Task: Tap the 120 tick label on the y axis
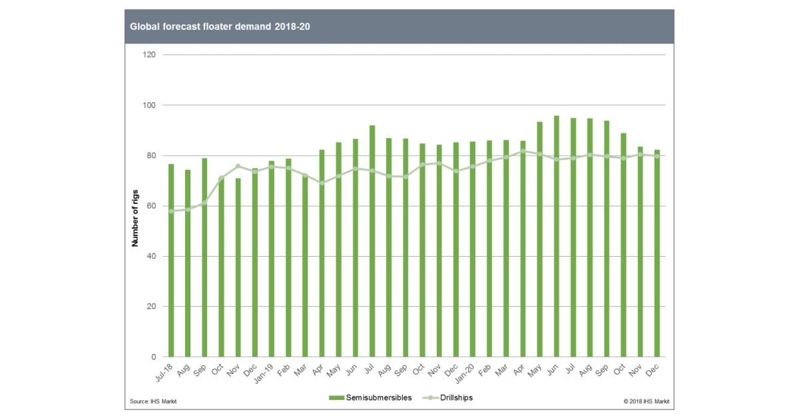(x=149, y=55)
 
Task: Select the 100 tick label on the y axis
(x=149, y=105)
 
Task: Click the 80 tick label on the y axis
(x=151, y=156)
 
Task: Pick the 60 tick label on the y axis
(x=151, y=206)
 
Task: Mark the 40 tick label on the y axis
(x=151, y=257)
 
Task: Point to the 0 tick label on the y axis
(x=153, y=357)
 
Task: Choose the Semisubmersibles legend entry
(x=370, y=398)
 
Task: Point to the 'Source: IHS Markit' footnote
(x=154, y=401)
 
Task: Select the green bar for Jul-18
(x=171, y=260)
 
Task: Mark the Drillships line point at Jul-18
(x=171, y=211)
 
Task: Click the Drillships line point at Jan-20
(x=473, y=167)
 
